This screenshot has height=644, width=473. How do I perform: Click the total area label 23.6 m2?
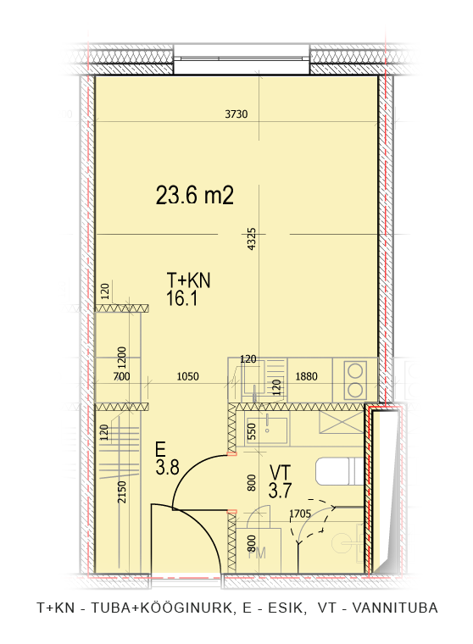pyautogui.click(x=195, y=195)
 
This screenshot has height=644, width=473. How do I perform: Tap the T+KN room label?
pyautogui.click(x=189, y=280)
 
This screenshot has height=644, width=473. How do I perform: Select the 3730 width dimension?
pyautogui.click(x=236, y=114)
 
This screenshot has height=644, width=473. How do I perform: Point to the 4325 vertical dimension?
pyautogui.click(x=252, y=239)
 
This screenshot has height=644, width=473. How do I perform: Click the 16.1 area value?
pyautogui.click(x=181, y=297)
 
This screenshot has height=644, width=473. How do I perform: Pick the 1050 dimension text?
pyautogui.click(x=188, y=376)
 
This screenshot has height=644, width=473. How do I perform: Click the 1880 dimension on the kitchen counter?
pyautogui.click(x=307, y=376)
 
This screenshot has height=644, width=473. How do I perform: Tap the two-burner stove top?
pyautogui.click(x=355, y=380)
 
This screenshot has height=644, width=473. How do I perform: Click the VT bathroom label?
pyautogui.click(x=280, y=472)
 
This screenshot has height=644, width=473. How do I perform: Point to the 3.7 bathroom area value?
pyautogui.click(x=280, y=490)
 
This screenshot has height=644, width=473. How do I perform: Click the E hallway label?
pyautogui.click(x=160, y=449)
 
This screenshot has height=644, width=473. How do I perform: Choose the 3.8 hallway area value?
pyautogui.click(x=168, y=467)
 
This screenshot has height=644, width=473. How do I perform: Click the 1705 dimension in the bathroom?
pyautogui.click(x=300, y=514)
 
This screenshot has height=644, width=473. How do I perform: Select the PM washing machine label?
pyautogui.click(x=258, y=552)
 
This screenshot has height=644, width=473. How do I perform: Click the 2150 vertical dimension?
pyautogui.click(x=122, y=491)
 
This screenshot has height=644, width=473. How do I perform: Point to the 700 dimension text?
pyautogui.click(x=121, y=376)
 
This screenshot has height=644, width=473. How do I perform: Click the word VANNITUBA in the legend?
pyautogui.click(x=395, y=608)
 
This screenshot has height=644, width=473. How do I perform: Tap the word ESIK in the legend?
pyautogui.click(x=287, y=608)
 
